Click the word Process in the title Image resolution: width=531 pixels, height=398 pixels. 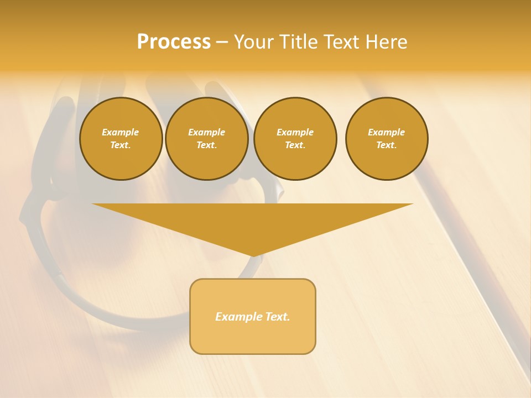pyautogui.click(x=174, y=42)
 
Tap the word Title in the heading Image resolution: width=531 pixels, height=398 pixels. pyautogui.click(x=297, y=42)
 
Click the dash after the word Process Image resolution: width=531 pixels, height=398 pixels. pyautogui.click(x=222, y=43)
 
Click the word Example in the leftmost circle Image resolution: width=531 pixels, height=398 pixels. pyautogui.click(x=121, y=132)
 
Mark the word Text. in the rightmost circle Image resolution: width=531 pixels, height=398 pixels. pyautogui.click(x=387, y=145)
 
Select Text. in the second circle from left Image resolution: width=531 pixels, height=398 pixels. pyautogui.click(x=207, y=145)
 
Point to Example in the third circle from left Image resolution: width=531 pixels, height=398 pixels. pyautogui.click(x=295, y=132)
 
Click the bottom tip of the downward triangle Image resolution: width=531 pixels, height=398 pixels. pyautogui.click(x=253, y=255)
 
